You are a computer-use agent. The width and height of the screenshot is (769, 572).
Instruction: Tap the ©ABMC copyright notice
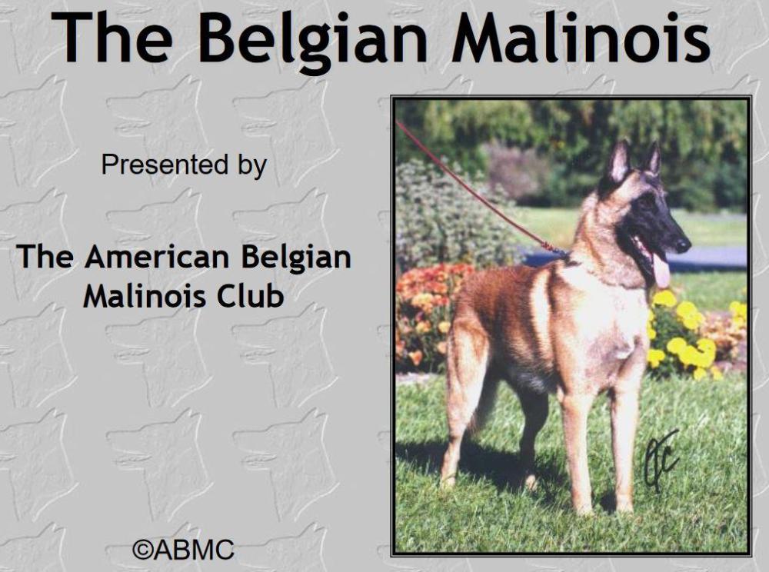[x=183, y=549]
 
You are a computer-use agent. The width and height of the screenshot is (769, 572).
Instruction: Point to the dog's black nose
[x=683, y=244]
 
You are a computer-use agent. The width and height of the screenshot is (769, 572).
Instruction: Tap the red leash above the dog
[x=477, y=192]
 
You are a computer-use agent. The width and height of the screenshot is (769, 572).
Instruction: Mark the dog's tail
[x=486, y=400]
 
